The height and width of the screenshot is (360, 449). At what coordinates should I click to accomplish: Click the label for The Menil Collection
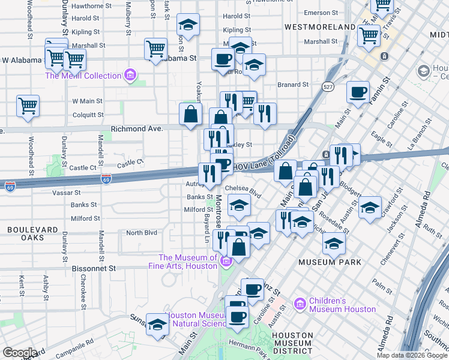coord(83,76)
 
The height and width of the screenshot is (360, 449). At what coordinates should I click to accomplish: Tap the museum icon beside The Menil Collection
coord(130,76)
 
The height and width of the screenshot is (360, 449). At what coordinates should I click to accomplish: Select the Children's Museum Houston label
coord(343,305)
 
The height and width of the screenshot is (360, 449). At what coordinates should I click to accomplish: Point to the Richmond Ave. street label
coord(137,129)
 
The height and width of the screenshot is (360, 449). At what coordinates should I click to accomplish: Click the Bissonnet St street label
coord(93,268)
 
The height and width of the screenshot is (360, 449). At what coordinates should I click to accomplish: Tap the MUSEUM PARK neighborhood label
coord(330,262)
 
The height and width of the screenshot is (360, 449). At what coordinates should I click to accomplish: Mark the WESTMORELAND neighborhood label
coord(320,28)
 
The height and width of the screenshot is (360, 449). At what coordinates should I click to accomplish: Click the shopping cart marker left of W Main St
coord(28,106)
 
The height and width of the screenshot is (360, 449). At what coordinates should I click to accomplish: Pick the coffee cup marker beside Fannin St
coord(358,92)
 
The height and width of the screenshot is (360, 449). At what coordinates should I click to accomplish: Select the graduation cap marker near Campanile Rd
coord(157,324)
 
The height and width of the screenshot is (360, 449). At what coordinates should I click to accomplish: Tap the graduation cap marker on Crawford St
coord(370,208)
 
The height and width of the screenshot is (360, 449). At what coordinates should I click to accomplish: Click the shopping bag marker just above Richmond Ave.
coord(190,114)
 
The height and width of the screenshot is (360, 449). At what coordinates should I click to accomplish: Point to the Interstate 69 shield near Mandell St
coord(106,179)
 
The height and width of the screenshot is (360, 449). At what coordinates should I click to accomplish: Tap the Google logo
coord(20,353)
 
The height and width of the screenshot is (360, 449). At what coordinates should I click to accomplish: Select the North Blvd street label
coord(141,233)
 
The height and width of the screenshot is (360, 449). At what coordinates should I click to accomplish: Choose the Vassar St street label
coord(66,193)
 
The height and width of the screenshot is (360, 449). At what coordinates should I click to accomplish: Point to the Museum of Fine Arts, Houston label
coord(188,261)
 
